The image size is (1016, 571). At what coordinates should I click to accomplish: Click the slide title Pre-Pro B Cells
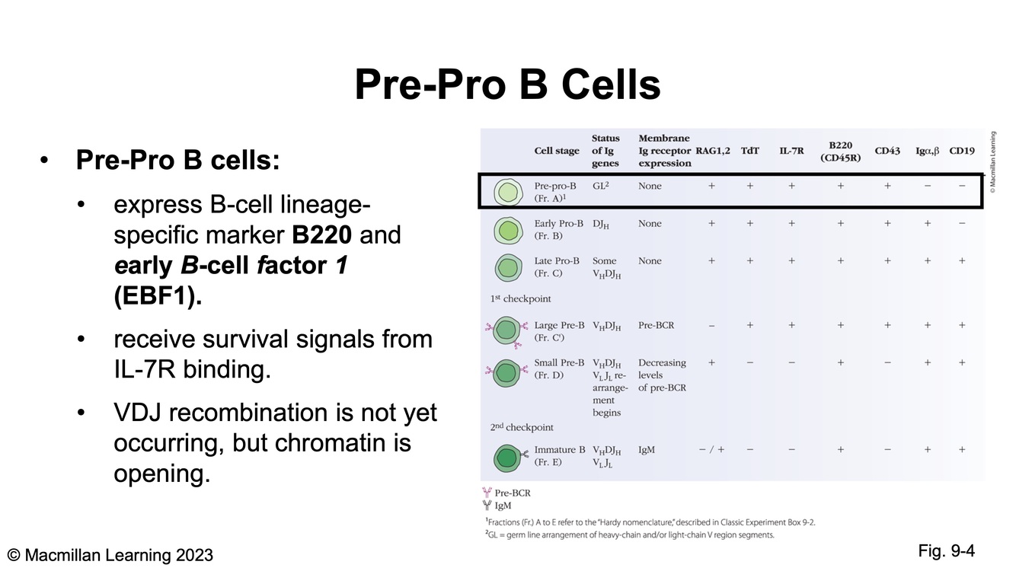[507, 85]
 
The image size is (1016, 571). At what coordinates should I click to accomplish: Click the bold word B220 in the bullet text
[321, 234]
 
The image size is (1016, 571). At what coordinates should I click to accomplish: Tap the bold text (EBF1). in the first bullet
[158, 295]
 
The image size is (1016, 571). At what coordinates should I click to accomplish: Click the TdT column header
[749, 151]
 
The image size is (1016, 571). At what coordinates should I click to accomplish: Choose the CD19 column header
[962, 151]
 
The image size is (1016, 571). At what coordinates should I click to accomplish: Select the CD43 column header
[887, 151]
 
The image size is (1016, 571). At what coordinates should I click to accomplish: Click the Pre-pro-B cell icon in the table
[508, 193]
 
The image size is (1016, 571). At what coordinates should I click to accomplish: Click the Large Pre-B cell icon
[507, 330]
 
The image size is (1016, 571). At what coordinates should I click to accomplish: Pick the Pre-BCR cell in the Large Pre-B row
[656, 325]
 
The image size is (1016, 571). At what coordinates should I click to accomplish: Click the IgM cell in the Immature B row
[647, 450]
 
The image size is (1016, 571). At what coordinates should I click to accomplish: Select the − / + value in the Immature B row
[711, 450]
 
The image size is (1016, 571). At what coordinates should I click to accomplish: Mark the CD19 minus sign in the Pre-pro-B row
[962, 186]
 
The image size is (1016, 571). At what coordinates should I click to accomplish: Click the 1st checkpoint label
[520, 299]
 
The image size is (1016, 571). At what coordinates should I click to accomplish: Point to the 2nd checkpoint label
[522, 427]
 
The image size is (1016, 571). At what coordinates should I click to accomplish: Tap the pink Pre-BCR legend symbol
[487, 493]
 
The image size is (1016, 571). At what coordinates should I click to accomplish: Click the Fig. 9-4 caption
[946, 550]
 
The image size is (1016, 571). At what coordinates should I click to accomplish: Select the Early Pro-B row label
[558, 229]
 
